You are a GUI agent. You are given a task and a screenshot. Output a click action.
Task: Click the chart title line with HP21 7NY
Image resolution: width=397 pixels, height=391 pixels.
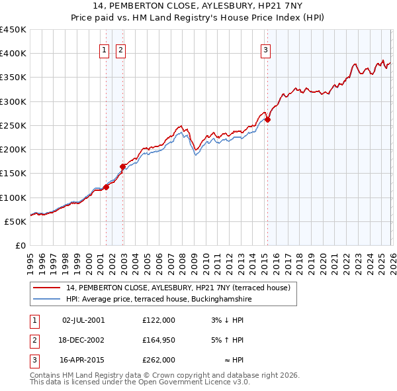click(x=198, y=6)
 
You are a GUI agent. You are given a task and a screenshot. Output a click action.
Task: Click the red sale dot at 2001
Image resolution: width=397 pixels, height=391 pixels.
click(x=106, y=188)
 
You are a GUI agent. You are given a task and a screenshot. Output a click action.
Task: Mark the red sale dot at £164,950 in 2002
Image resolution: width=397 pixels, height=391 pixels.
click(x=122, y=166)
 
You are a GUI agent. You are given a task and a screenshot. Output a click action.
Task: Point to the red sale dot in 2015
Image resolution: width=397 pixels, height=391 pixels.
click(x=267, y=120)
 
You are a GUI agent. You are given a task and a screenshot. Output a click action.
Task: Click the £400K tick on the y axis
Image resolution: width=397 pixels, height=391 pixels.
click(x=13, y=54)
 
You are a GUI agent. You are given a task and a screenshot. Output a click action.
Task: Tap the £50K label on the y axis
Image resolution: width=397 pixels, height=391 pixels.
click(x=16, y=221)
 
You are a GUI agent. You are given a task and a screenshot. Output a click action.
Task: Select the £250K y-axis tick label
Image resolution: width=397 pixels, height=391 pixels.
click(x=13, y=125)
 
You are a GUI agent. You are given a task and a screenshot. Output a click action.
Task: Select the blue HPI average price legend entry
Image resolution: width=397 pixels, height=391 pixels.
click(x=159, y=299)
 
